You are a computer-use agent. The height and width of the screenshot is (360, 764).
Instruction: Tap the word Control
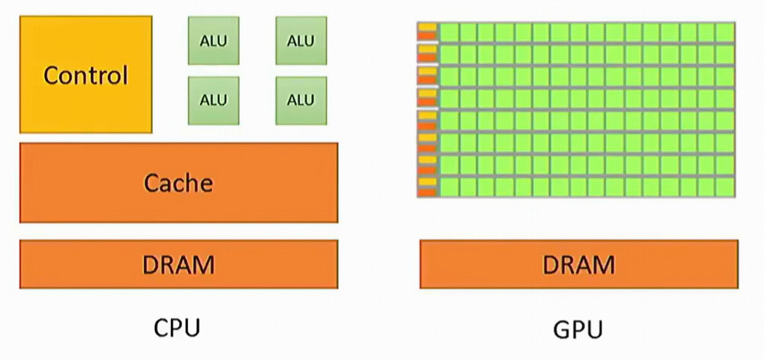click(x=86, y=75)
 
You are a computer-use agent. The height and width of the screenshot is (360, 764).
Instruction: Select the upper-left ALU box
click(x=213, y=40)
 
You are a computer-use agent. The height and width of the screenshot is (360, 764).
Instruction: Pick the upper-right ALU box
click(x=301, y=40)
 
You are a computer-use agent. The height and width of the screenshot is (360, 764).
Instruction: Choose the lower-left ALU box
click(x=213, y=100)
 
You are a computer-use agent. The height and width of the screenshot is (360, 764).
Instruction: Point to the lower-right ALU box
click(x=301, y=100)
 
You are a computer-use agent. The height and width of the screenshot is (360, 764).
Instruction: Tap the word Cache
click(x=179, y=183)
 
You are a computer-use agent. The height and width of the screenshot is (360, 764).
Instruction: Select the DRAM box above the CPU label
click(x=179, y=264)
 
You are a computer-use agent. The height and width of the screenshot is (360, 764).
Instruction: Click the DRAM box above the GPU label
click(x=579, y=264)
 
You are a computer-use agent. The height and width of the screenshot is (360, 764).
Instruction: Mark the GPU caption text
click(x=578, y=329)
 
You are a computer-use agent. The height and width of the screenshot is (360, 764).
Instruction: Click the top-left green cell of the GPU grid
click(x=449, y=32)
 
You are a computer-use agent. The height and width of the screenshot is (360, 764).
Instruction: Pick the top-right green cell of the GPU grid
click(x=725, y=32)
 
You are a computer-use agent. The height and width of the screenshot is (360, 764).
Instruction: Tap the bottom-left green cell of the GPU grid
click(x=449, y=186)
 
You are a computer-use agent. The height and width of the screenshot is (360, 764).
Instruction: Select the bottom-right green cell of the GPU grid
click(x=725, y=186)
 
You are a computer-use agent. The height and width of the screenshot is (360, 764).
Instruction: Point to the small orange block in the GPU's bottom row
click(x=427, y=192)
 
